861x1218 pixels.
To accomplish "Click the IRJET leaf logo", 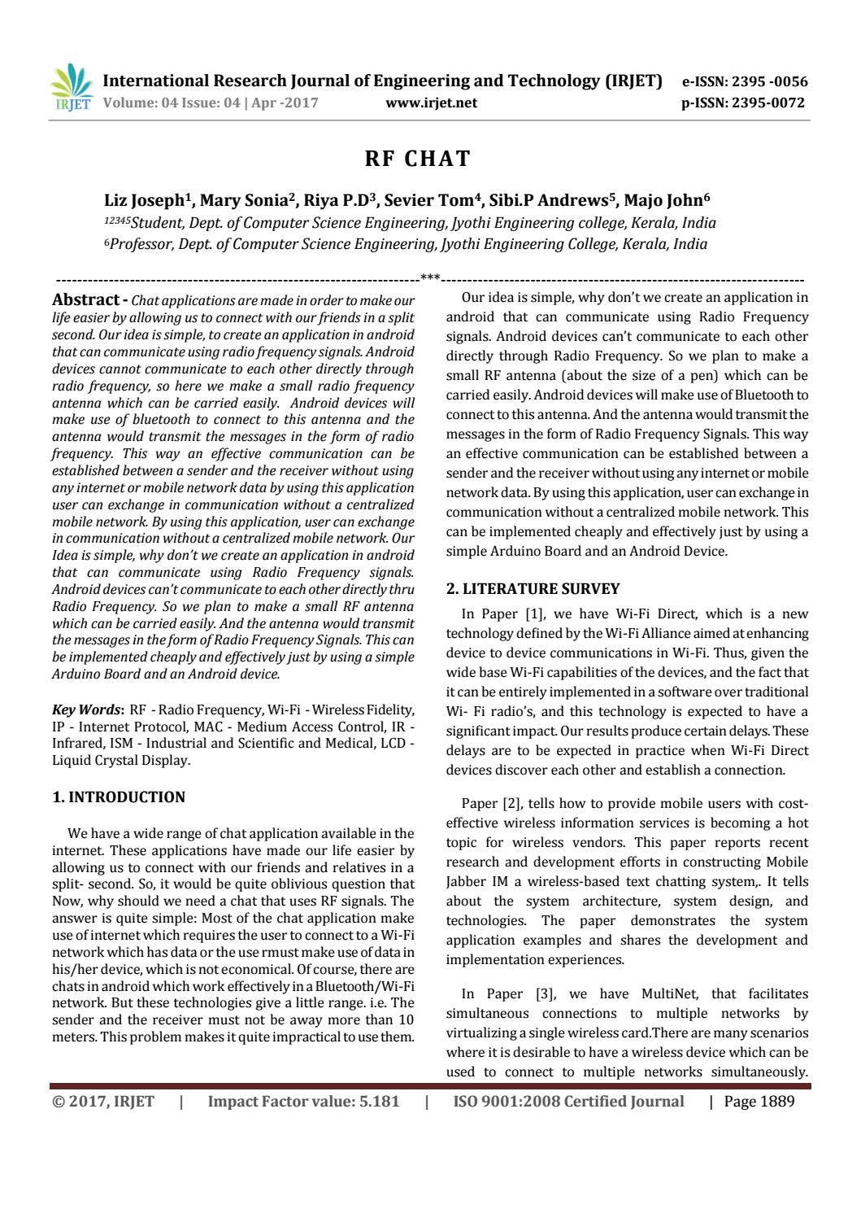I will tap(72, 86).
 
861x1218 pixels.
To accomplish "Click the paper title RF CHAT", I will tap(418, 159).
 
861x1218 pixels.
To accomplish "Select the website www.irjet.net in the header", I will tap(431, 103).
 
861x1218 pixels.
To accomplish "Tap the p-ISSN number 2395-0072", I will tap(768, 103).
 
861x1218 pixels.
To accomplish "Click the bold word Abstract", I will tap(85, 299).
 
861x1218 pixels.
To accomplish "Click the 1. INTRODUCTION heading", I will tap(119, 797).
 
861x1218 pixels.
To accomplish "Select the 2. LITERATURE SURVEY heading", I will tap(533, 589).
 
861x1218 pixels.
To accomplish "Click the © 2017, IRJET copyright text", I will tap(103, 1102).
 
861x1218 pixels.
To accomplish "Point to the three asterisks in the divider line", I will tap(430, 278).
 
